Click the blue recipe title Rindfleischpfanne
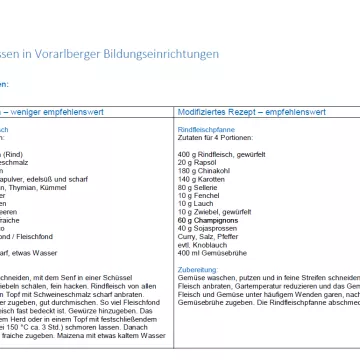[x=200, y=129]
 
